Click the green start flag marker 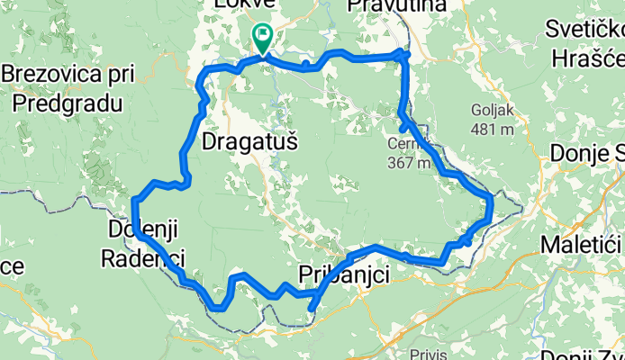tap(262, 38)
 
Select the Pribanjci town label tap(343, 274)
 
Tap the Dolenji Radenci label tap(144, 243)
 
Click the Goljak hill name tap(490, 111)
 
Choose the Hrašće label tap(585, 53)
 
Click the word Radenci tap(145, 259)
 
